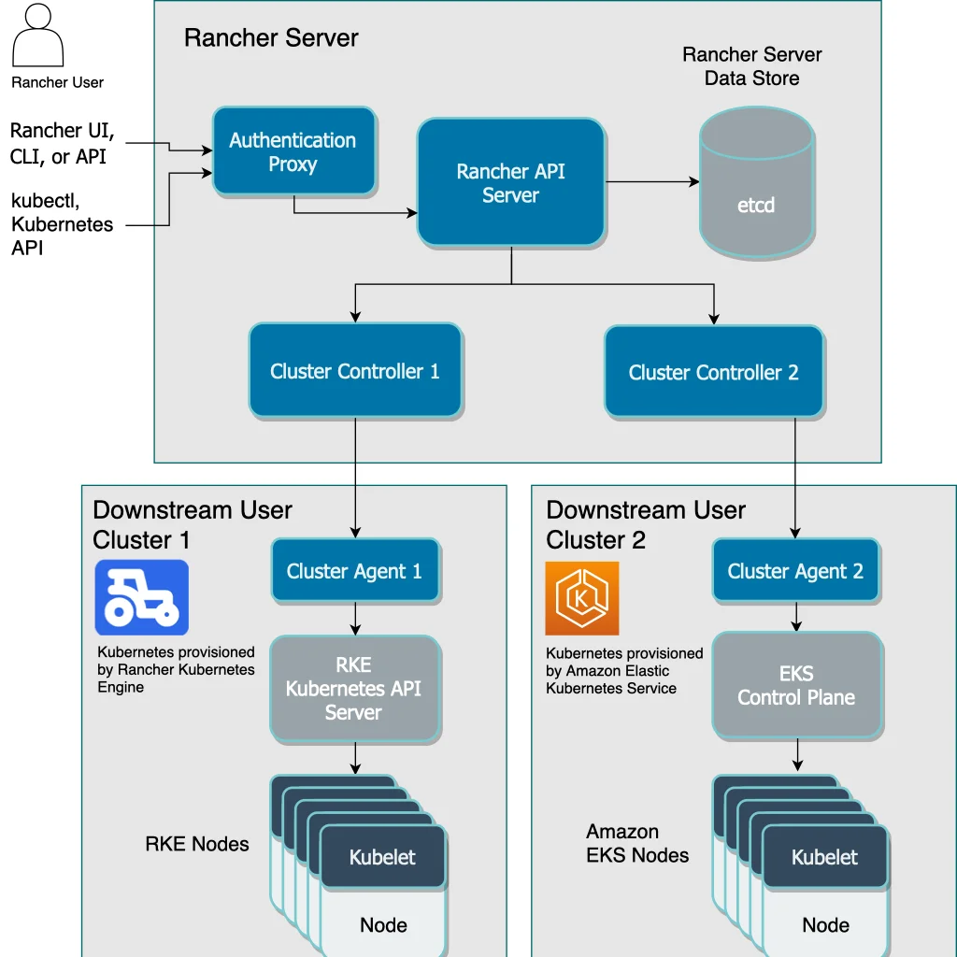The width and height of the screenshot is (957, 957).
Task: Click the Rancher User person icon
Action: click(38, 37)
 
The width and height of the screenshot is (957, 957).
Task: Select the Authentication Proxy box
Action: click(293, 152)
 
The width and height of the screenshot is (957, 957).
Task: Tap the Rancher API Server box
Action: click(510, 183)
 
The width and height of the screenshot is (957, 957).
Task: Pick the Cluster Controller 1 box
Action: click(354, 371)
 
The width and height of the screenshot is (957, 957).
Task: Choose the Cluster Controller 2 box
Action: click(713, 372)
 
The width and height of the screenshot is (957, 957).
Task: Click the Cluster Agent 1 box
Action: click(354, 571)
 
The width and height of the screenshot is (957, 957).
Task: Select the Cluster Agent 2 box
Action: click(795, 571)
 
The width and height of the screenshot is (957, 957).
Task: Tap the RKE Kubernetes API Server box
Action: click(354, 689)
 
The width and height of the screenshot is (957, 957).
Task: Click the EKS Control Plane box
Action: click(796, 685)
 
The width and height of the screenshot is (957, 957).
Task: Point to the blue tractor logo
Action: click(142, 598)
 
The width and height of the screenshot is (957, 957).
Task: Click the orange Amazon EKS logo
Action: click(582, 598)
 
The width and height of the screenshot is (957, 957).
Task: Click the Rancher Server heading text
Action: click(271, 38)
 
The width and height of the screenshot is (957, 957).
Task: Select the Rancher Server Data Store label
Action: click(751, 66)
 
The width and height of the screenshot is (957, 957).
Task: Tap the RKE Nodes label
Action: click(197, 844)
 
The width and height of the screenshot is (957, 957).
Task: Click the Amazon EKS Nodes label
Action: click(637, 843)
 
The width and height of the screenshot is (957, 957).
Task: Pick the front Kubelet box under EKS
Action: click(824, 857)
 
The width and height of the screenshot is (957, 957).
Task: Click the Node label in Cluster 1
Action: click(383, 925)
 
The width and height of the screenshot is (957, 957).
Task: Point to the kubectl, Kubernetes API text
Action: click(63, 224)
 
